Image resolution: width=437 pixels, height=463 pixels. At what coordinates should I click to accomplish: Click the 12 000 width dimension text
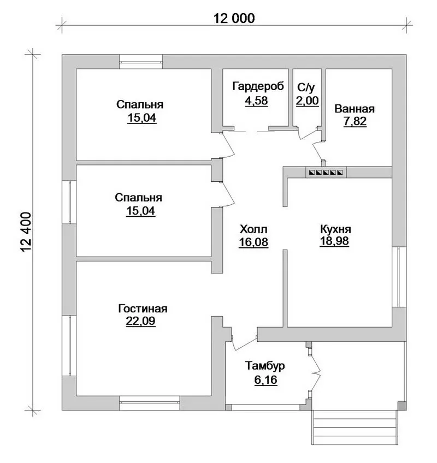[234, 19]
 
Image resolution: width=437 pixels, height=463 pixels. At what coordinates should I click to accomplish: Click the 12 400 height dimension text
[26, 232]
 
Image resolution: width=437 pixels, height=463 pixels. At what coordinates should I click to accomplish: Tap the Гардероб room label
[258, 86]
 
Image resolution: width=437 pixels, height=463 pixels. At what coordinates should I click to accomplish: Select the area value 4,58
[257, 100]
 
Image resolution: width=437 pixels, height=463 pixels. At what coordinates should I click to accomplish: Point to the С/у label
[306, 87]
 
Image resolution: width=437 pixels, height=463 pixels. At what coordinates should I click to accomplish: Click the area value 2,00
[308, 100]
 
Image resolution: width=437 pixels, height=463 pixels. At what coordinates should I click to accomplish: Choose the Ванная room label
[355, 109]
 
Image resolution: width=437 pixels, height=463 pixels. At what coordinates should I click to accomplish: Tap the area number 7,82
[355, 121]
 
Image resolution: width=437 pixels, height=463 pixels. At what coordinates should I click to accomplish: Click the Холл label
[253, 229]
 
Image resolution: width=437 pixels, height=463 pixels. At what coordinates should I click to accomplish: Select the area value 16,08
[253, 242]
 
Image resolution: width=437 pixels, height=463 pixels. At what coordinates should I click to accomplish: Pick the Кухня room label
[335, 229]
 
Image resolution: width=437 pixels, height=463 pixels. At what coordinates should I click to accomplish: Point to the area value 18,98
[334, 241]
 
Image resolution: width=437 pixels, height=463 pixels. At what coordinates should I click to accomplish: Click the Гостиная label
[143, 308]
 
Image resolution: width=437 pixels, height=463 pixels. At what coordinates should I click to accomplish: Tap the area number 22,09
[140, 321]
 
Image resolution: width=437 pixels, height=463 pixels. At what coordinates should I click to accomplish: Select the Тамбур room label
[265, 366]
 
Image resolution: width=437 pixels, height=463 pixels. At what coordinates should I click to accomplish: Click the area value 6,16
[265, 379]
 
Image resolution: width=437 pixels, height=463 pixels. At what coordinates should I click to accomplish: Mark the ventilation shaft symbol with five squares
[326, 172]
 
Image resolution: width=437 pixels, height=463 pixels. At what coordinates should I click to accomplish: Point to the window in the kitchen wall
[399, 277]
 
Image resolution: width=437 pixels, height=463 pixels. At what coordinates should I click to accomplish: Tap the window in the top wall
[141, 62]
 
